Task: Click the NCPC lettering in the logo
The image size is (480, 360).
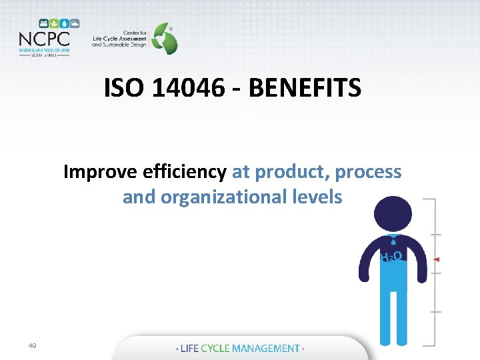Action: pyautogui.click(x=44, y=38)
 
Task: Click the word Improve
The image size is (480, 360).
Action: pyautogui.click(x=100, y=172)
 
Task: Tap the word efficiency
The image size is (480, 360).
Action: pyautogui.click(x=185, y=172)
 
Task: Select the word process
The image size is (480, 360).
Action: pyautogui.click(x=369, y=172)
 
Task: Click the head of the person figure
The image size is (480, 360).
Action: pyautogui.click(x=393, y=214)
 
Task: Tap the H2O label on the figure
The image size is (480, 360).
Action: pyautogui.click(x=391, y=256)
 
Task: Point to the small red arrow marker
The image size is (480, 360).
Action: pyautogui.click(x=436, y=259)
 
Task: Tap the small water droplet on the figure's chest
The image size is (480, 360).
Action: pyautogui.click(x=393, y=244)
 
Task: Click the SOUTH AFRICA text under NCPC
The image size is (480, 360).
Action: pyautogui.click(x=44, y=55)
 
